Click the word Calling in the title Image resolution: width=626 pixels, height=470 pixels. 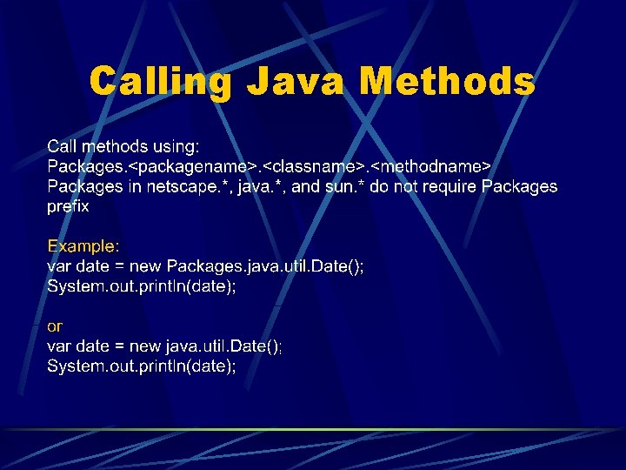(x=161, y=82)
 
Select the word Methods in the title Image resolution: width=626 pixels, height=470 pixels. (x=447, y=82)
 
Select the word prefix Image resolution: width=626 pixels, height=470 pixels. (x=68, y=207)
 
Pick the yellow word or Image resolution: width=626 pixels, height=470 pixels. (x=55, y=326)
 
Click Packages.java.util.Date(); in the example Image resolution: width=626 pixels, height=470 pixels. (x=265, y=265)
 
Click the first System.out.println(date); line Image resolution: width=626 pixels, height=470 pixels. (x=142, y=285)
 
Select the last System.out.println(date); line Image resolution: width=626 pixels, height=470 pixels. (x=142, y=366)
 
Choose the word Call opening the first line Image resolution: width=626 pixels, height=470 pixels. (x=62, y=144)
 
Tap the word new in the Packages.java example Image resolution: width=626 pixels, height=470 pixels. (x=145, y=265)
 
